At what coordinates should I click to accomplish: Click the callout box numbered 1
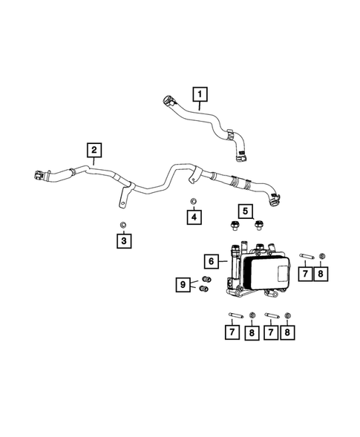(200, 93)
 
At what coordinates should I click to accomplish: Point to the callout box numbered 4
(193, 217)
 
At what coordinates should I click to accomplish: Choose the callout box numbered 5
(243, 210)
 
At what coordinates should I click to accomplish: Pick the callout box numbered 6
(212, 261)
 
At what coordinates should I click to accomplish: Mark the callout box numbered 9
(181, 283)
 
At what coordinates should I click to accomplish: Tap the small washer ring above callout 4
(193, 201)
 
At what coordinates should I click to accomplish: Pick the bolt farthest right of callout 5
(259, 224)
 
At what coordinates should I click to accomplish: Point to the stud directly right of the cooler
(306, 258)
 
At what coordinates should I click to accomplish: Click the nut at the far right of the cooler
(321, 258)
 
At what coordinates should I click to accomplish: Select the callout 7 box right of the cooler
(304, 275)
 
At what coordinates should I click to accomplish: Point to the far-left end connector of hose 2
(38, 176)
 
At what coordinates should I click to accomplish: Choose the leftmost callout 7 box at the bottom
(232, 334)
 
